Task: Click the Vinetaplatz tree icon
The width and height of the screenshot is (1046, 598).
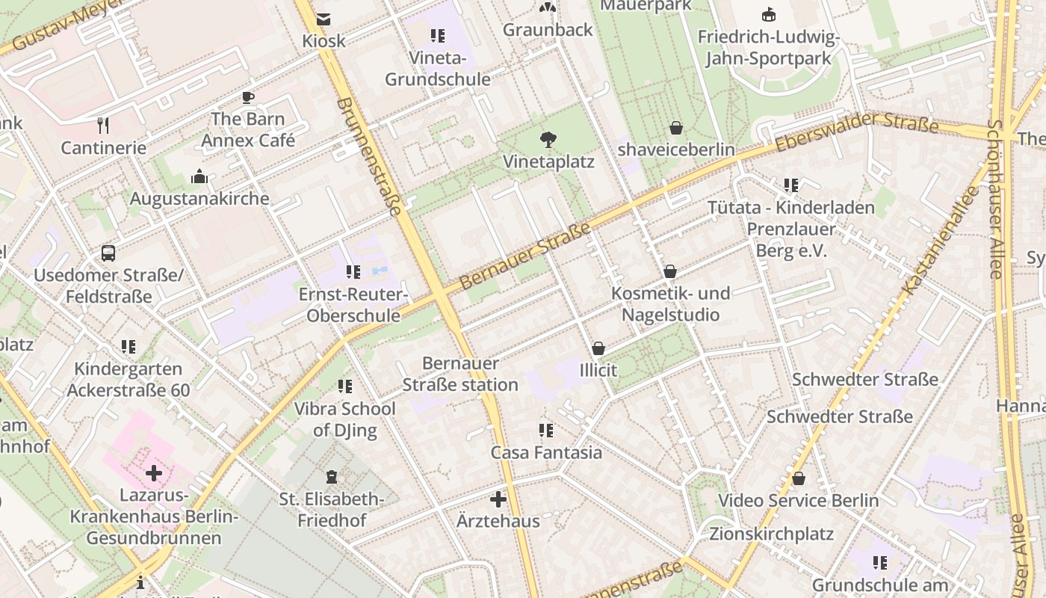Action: pyautogui.click(x=548, y=139)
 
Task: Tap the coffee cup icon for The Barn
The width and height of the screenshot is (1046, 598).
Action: pyautogui.click(x=247, y=97)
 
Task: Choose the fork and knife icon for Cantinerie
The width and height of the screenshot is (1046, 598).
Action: pyautogui.click(x=103, y=125)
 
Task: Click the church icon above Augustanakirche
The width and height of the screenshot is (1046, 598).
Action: pyautogui.click(x=199, y=176)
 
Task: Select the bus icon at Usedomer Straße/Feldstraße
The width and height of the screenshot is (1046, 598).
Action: pyautogui.click(x=108, y=253)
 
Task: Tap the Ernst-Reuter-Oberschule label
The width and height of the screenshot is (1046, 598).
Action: pyautogui.click(x=353, y=305)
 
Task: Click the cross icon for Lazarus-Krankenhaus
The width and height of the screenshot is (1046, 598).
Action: pyautogui.click(x=154, y=472)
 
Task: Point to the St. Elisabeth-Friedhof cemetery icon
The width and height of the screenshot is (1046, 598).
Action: pyautogui.click(x=332, y=477)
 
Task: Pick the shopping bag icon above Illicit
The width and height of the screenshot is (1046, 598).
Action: pyautogui.click(x=598, y=348)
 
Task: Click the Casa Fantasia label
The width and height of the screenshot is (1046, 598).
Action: pyautogui.click(x=546, y=452)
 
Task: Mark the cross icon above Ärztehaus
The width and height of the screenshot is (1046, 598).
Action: pyautogui.click(x=498, y=499)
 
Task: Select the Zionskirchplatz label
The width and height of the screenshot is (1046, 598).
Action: pyautogui.click(x=772, y=534)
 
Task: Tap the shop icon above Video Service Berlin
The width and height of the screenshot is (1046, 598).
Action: pyautogui.click(x=799, y=478)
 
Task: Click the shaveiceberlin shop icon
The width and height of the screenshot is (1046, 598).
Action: pyautogui.click(x=676, y=128)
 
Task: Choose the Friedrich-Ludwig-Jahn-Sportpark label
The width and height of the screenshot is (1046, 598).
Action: pyautogui.click(x=768, y=48)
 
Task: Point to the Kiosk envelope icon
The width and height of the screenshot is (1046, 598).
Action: pyautogui.click(x=324, y=19)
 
